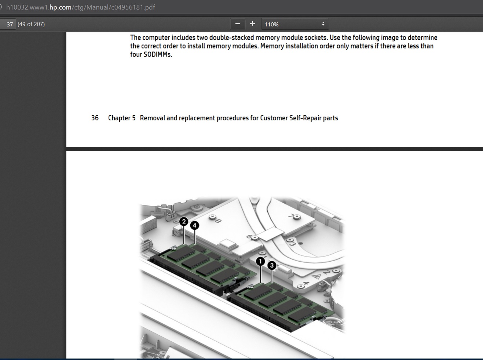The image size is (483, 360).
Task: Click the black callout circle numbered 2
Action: [184, 221]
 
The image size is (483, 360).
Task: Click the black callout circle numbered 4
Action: [195, 225]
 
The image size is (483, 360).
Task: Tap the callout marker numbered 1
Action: [260, 261]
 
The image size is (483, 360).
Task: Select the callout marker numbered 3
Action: [272, 265]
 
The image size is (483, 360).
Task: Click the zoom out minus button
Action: [238, 24]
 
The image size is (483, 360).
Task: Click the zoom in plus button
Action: [252, 24]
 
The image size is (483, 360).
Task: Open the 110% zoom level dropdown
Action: [295, 24]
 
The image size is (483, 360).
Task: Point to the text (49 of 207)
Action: [31, 24]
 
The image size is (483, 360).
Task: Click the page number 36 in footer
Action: [95, 118]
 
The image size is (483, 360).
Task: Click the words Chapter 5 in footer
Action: [122, 118]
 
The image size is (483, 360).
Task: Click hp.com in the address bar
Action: [60, 7]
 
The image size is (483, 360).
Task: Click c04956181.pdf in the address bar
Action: [134, 7]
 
